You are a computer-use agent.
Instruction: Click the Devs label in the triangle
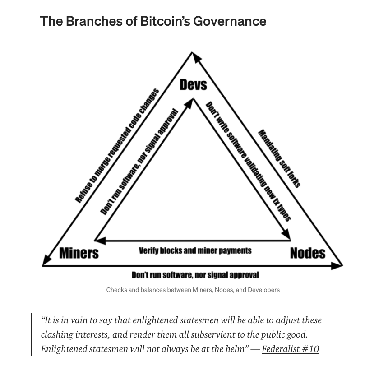(x=193, y=84)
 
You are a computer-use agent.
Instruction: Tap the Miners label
(x=79, y=253)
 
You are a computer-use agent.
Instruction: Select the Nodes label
(x=307, y=253)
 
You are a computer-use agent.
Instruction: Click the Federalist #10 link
(x=290, y=349)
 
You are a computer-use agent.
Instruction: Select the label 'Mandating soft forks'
(x=279, y=158)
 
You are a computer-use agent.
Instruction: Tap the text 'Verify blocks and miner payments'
(x=195, y=250)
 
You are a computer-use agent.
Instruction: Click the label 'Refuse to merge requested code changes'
(x=117, y=146)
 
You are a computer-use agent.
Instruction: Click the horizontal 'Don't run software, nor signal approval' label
(x=195, y=275)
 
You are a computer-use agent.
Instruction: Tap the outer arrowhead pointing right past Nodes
(x=338, y=265)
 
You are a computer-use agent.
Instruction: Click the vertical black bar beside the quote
(x=32, y=334)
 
